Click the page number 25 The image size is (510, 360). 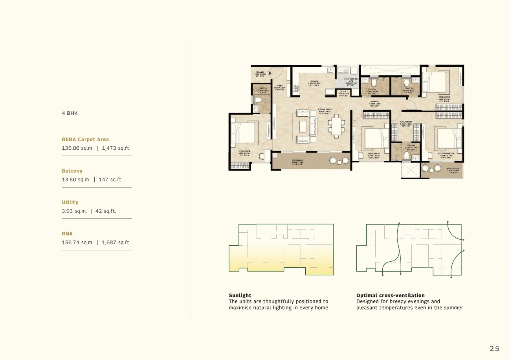click(x=494, y=348)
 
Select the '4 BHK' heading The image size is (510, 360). click(x=70, y=113)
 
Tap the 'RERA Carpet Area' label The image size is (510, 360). click(x=85, y=140)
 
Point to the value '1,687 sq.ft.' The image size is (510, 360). click(x=116, y=242)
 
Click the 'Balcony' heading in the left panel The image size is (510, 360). click(x=72, y=171)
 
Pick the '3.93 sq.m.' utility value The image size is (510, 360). click(x=74, y=211)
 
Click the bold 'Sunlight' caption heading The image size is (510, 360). click(x=240, y=296)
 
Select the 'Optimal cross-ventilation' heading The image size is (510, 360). click(x=390, y=296)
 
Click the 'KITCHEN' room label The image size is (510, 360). click(x=314, y=81)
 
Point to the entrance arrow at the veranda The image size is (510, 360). click(x=270, y=73)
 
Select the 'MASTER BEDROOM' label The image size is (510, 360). click(x=446, y=153)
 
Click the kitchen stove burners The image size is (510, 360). click(x=296, y=88)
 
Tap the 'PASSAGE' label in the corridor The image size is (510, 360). click(x=374, y=101)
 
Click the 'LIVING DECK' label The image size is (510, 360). click(x=297, y=160)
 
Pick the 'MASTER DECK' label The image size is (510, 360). click(x=453, y=169)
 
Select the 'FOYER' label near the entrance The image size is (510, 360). click(x=279, y=85)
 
